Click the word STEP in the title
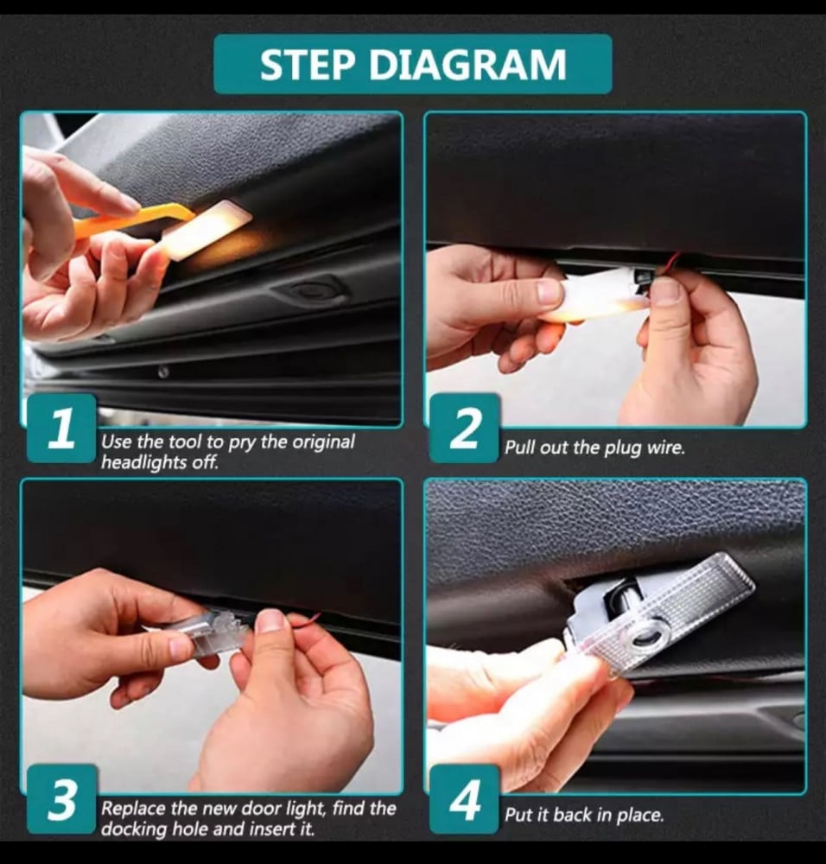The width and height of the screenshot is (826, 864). (x=307, y=65)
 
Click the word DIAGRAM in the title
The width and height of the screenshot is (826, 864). (x=467, y=65)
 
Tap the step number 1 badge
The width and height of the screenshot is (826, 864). (x=61, y=429)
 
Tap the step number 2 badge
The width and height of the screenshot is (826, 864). (x=465, y=429)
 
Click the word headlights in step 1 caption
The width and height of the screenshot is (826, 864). (x=145, y=462)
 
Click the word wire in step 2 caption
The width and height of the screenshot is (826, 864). (x=665, y=447)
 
